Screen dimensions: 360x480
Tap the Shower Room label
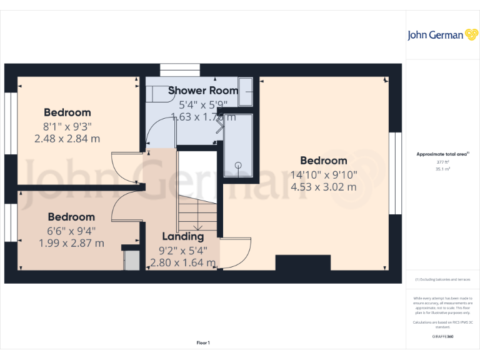(203, 91)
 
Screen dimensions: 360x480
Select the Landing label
(182, 236)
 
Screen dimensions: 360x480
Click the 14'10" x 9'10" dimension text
(323, 174)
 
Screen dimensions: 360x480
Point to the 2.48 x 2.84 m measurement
(67, 139)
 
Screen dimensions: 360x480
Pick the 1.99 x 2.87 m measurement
(71, 243)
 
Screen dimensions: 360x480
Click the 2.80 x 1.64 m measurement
(182, 263)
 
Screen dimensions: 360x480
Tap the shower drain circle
(238, 165)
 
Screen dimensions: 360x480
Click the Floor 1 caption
(203, 342)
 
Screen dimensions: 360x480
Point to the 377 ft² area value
(443, 162)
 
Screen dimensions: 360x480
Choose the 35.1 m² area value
(443, 169)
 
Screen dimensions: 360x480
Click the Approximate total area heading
(442, 154)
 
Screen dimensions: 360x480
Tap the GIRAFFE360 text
(443, 337)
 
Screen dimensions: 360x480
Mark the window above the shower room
(177, 69)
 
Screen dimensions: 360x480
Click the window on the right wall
(395, 173)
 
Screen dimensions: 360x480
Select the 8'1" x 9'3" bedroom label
(67, 126)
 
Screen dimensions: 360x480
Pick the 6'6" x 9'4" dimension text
(71, 230)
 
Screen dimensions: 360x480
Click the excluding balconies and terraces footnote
(443, 279)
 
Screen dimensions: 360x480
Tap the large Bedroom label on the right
(323, 161)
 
